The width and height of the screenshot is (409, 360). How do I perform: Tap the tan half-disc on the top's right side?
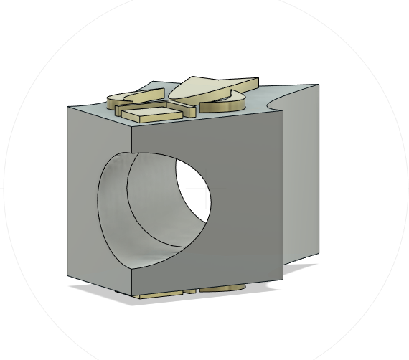pyautogui.click(x=224, y=105)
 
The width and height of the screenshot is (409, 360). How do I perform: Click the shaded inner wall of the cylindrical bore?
pyautogui.click(x=147, y=215)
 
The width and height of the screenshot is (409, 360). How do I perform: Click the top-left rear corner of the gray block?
pyautogui.click(x=67, y=108)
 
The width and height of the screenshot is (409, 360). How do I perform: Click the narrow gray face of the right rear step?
pyautogui.click(x=301, y=179)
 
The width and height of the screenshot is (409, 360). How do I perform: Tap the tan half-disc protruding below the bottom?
pyautogui.click(x=222, y=289)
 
